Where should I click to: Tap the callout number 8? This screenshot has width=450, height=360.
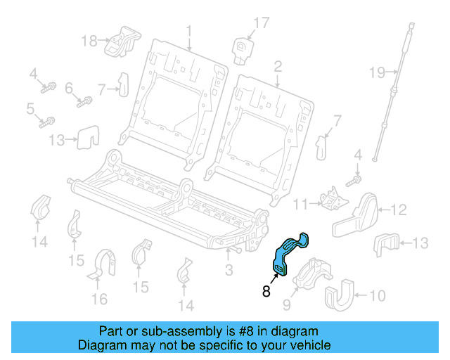pyautogui.click(x=266, y=290)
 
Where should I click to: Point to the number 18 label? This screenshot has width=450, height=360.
pyautogui.click(x=89, y=41)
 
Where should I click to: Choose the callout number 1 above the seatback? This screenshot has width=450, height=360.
pyautogui.click(x=188, y=30)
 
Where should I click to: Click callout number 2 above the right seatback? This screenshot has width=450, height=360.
pyautogui.click(x=278, y=67)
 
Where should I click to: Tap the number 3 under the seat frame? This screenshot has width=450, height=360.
pyautogui.click(x=229, y=270)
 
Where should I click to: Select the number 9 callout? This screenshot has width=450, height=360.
pyautogui.click(x=286, y=304)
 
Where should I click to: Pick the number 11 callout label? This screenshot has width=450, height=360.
pyautogui.click(x=301, y=205)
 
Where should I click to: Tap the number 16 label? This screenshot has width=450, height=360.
pyautogui.click(x=99, y=300)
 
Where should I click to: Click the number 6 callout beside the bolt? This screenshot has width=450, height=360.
pyautogui.click(x=69, y=89)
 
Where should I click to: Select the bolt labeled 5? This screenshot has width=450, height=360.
pyautogui.click(x=49, y=122)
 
